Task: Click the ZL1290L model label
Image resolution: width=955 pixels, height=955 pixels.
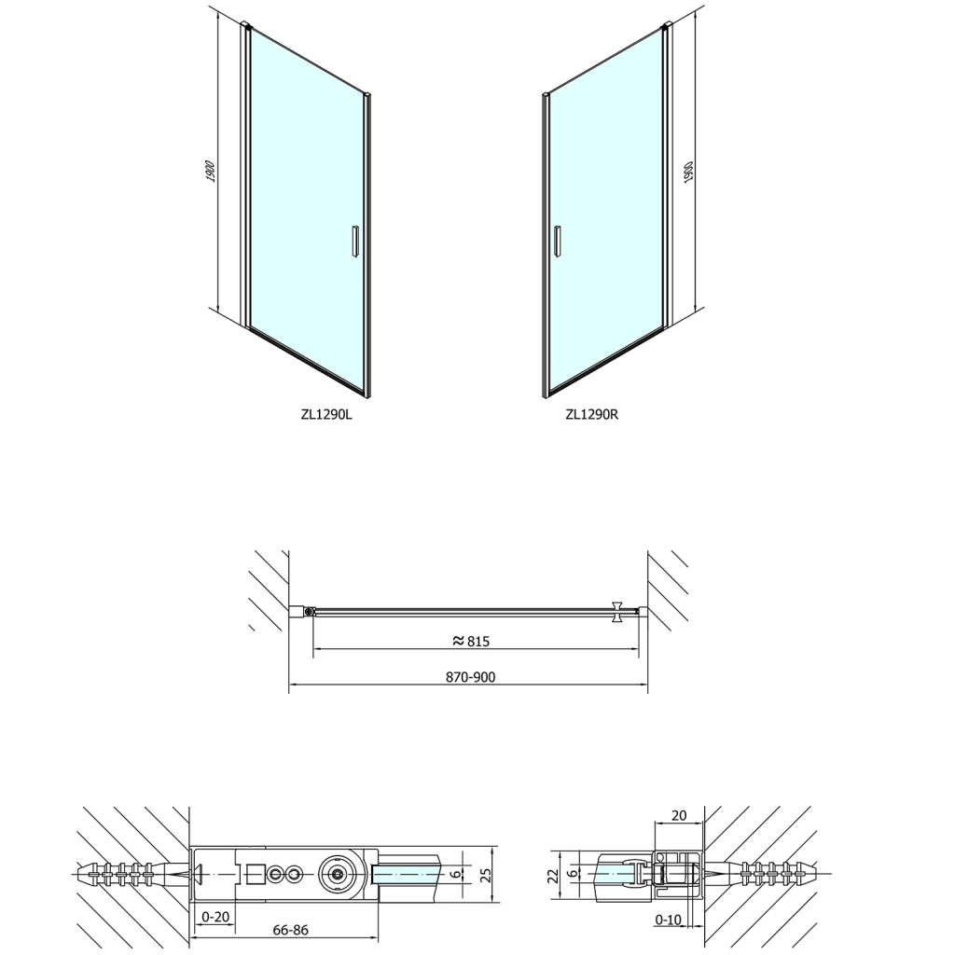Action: click(325, 414)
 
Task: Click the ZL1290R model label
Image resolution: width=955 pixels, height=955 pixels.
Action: click(592, 414)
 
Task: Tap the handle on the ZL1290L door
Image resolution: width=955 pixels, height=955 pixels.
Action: click(354, 241)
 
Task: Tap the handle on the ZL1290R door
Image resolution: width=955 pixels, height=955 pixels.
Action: click(557, 241)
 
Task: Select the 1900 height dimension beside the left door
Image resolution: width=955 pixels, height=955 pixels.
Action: click(210, 172)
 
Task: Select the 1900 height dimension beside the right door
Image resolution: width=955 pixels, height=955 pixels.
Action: click(688, 173)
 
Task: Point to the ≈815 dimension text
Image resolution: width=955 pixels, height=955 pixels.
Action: click(471, 641)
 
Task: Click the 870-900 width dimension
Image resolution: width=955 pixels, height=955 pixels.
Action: click(470, 677)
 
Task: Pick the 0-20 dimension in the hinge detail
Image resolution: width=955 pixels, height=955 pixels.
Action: click(215, 917)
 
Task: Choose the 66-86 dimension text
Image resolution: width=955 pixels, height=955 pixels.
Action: click(291, 930)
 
